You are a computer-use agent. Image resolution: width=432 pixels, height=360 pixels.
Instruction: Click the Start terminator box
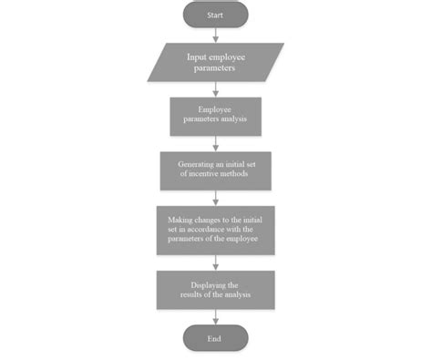pos(215,15)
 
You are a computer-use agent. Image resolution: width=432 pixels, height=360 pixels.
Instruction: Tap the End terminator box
pos(215,338)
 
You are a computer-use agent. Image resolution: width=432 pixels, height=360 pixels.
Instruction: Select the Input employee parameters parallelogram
pos(215,62)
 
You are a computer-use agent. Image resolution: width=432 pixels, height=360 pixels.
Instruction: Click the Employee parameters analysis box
pos(215,116)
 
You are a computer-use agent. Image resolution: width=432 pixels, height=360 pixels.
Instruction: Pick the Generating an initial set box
pos(215,170)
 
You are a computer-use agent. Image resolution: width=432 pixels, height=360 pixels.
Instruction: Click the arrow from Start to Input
pos(215,35)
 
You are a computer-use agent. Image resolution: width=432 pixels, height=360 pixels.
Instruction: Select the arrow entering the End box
pos(215,315)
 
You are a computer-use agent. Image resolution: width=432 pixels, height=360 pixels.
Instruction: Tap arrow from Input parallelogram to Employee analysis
pos(215,89)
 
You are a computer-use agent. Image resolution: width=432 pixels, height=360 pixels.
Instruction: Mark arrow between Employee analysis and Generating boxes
pos(215,143)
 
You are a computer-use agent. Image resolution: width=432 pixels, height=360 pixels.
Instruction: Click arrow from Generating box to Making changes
pos(215,198)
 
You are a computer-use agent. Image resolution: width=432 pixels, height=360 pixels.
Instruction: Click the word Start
pos(215,15)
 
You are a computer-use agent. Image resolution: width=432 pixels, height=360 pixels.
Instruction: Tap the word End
pos(215,338)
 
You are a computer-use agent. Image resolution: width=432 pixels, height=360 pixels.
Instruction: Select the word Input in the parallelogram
pos(198,57)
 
